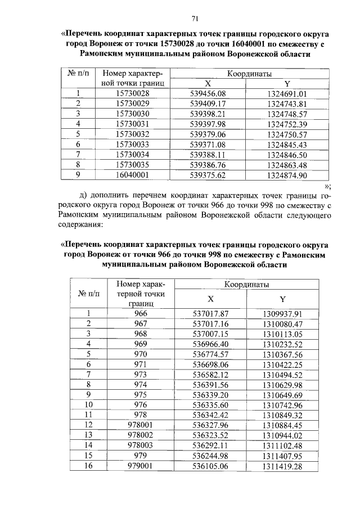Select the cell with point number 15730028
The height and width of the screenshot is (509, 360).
[x=132, y=93]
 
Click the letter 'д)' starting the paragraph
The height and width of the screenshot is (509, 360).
[x=85, y=195]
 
